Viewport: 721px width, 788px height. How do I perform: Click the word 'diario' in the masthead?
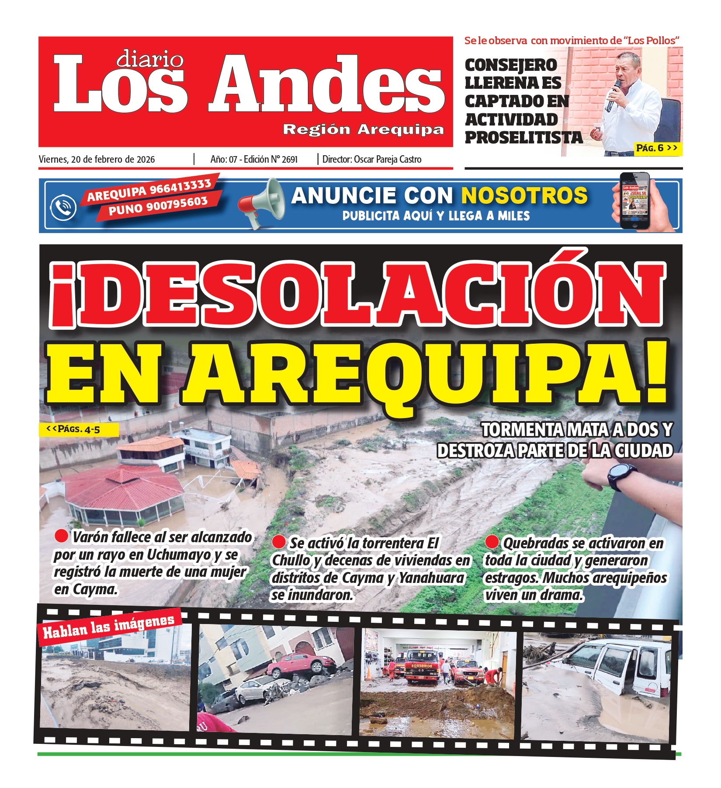(x=150, y=59)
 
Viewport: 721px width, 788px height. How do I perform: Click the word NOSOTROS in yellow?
(x=524, y=195)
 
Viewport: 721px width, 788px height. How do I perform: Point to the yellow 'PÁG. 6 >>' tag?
(x=656, y=148)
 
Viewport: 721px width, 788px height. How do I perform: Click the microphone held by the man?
(x=613, y=94)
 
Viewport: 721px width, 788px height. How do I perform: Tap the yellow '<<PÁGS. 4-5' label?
(x=79, y=429)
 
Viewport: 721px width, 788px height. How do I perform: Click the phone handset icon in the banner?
(x=63, y=208)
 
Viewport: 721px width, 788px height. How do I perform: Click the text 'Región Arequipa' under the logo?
(x=363, y=129)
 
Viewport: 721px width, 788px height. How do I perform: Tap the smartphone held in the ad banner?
(x=635, y=201)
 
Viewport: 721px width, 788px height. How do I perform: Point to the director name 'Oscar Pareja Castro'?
(x=388, y=160)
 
